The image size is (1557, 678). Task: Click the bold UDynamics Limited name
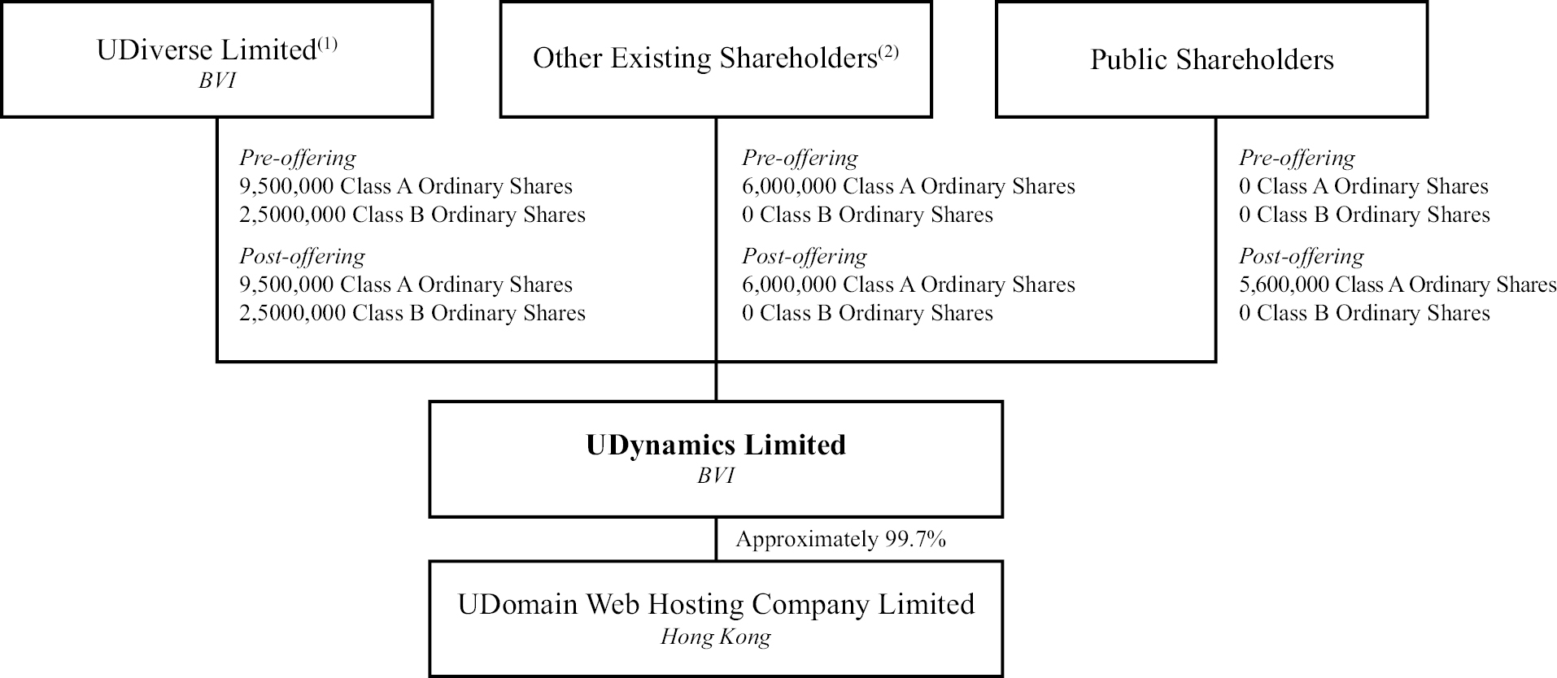[x=716, y=445]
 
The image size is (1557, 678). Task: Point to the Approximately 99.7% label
[x=841, y=539]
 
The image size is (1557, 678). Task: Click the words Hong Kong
[x=716, y=637]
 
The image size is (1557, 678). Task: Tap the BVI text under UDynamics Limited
[x=716, y=476]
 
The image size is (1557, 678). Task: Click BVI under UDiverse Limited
[x=216, y=82]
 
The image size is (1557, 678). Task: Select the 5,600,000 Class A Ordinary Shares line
[x=1398, y=285]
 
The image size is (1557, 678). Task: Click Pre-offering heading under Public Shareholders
[x=1297, y=158]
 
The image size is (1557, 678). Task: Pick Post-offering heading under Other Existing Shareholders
[x=804, y=256]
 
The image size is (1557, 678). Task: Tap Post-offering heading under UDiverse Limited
[x=302, y=256]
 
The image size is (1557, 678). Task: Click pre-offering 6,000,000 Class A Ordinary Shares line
[x=908, y=186]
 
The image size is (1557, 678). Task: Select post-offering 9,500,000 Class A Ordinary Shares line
[x=406, y=285]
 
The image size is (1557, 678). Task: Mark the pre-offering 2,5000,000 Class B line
[x=412, y=215]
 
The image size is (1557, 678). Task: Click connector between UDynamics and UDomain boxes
[x=716, y=539]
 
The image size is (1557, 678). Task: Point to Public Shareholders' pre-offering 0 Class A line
[x=1363, y=186]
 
